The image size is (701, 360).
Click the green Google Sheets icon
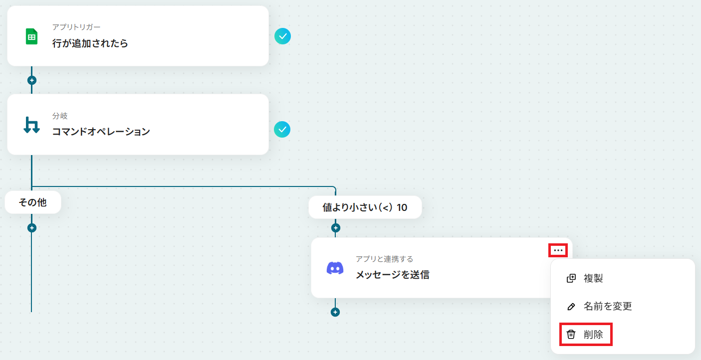click(32, 36)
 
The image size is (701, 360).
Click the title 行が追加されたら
click(90, 43)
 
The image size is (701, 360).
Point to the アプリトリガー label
click(76, 27)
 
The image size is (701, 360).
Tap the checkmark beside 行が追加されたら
click(282, 36)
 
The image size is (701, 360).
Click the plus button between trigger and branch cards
click(32, 80)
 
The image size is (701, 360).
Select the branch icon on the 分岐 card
click(32, 125)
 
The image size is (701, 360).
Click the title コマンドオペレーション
click(101, 132)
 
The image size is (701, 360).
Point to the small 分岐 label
click(60, 116)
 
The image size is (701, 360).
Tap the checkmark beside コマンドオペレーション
click(282, 130)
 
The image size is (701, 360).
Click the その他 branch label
click(33, 203)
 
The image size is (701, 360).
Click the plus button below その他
click(32, 228)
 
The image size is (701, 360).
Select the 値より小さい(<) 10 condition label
click(365, 207)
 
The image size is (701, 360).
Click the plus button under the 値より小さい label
click(335, 228)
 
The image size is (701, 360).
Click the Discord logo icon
click(335, 268)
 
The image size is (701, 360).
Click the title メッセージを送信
click(392, 274)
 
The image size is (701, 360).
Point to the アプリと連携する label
click(384, 259)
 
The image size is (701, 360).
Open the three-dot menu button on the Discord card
click(558, 250)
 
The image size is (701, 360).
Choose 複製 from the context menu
click(593, 278)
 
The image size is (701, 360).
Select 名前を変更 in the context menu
click(607, 306)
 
